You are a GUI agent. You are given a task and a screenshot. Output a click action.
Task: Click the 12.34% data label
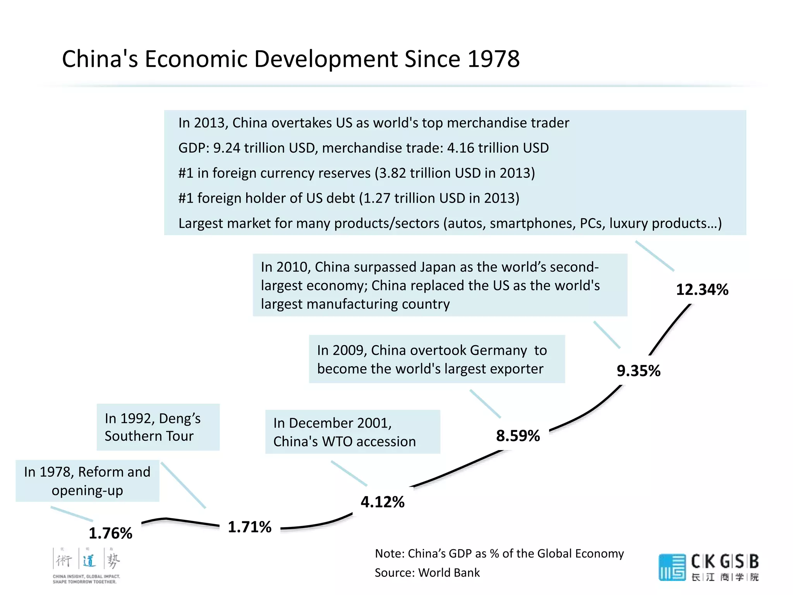[x=702, y=290]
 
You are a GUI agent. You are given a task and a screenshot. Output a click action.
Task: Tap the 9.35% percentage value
[x=639, y=371]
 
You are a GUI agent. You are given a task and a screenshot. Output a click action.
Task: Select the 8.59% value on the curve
[x=518, y=436]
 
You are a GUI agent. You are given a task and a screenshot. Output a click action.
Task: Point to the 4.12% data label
[x=382, y=502]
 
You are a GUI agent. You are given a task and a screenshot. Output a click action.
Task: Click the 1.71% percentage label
[x=249, y=527]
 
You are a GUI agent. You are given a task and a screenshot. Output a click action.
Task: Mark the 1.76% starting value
[x=110, y=533]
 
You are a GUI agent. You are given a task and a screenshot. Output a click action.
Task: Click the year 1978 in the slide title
[x=493, y=59]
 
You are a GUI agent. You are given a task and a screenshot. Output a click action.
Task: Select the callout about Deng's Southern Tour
[x=158, y=427]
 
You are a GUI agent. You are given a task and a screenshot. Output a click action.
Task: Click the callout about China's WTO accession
[x=352, y=432]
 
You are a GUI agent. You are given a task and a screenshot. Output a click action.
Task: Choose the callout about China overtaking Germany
[x=436, y=359]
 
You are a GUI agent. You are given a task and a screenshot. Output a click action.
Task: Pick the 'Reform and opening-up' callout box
[x=87, y=481]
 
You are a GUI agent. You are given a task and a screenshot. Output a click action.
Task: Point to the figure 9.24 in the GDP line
[x=227, y=148]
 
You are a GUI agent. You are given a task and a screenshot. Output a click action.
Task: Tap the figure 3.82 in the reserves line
[x=392, y=173]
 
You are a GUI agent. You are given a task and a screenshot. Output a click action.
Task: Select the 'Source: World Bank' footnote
[x=427, y=573]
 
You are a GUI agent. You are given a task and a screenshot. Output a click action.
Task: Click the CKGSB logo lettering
[x=724, y=562]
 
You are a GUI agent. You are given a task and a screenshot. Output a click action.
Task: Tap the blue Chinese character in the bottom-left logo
[x=89, y=560]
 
